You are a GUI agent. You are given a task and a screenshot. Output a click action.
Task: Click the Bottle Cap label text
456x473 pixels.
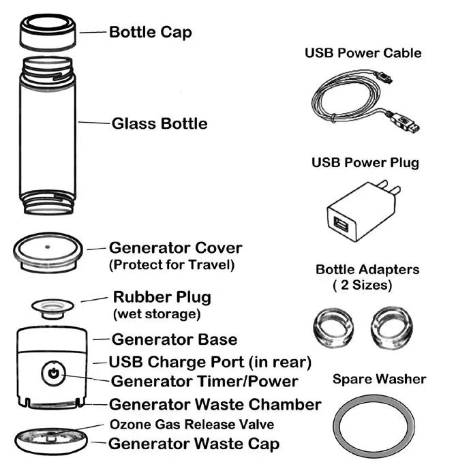[151, 32]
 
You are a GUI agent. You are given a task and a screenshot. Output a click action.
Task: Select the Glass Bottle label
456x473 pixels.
[159, 124]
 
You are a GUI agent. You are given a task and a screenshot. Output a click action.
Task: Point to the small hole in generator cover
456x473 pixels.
[47, 245]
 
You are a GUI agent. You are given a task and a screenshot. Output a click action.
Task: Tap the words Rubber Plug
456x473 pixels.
[162, 298]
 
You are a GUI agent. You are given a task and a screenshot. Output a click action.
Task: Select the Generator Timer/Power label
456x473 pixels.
[204, 380]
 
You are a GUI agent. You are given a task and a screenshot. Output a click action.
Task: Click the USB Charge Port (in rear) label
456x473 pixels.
[211, 361]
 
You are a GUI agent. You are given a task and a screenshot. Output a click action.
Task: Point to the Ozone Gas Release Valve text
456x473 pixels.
[192, 425]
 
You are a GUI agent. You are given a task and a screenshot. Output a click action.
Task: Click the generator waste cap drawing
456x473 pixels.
[51, 438]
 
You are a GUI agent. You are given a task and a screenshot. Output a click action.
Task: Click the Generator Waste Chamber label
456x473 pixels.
[215, 404]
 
